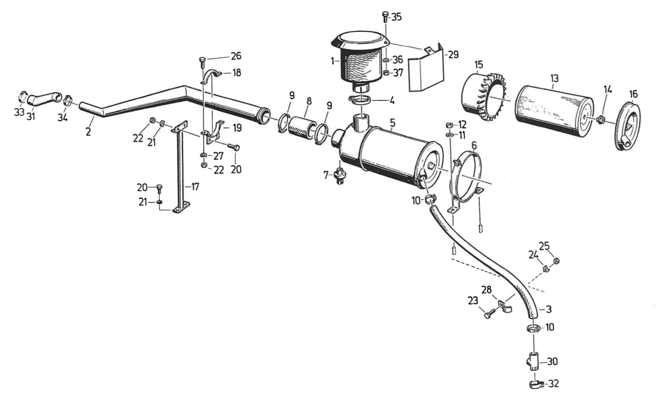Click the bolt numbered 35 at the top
[385, 17]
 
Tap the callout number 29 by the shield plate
[453, 55]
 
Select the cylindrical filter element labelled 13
[553, 110]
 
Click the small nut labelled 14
[600, 120]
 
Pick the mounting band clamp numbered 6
[467, 173]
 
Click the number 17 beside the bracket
[195, 187]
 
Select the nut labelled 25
[557, 261]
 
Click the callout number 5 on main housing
[393, 123]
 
